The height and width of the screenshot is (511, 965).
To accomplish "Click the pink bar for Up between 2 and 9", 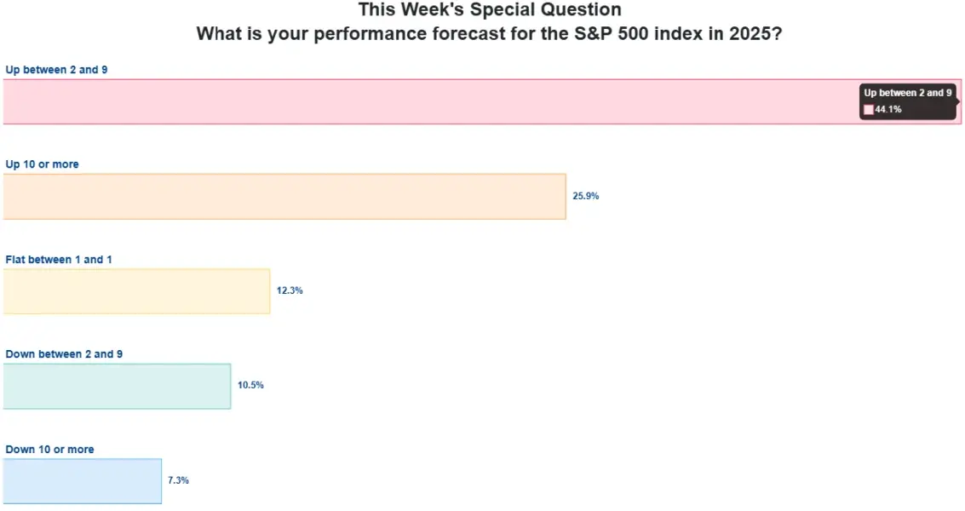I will [x=426, y=101].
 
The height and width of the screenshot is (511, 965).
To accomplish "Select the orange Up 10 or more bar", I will [x=284, y=197].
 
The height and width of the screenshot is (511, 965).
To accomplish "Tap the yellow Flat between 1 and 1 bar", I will [x=136, y=291].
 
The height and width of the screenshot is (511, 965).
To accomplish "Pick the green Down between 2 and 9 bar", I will [x=117, y=386].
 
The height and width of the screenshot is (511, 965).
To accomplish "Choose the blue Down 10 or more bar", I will [x=82, y=481].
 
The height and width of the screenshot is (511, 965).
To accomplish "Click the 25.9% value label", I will [x=586, y=196].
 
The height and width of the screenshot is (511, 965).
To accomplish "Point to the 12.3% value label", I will [x=290, y=290].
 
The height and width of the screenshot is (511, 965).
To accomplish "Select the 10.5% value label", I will [x=250, y=385].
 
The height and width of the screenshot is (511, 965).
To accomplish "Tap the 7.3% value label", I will [x=178, y=480].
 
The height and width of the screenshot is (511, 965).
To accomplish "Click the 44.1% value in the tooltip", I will [x=888, y=110].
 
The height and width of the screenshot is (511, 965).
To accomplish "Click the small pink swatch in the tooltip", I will [x=869, y=110].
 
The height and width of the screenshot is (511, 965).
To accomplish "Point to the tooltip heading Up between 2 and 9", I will [x=908, y=93].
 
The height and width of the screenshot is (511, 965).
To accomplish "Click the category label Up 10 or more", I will [x=42, y=164].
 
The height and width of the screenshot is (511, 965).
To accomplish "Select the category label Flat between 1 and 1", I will [x=59, y=260].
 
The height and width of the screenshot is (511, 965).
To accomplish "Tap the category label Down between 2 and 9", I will [x=64, y=354].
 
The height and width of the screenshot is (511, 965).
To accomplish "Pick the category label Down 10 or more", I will [x=49, y=450].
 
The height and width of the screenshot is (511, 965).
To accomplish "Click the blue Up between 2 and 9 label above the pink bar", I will [x=56, y=70].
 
